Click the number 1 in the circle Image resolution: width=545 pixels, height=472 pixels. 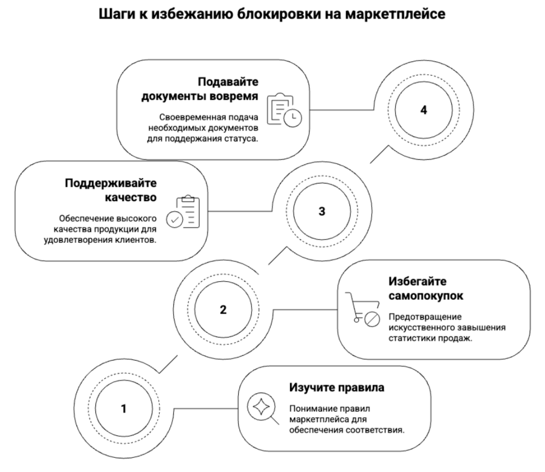point(123,409)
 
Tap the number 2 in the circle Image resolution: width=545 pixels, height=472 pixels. point(223,310)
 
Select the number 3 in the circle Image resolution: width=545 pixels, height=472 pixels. point(322,212)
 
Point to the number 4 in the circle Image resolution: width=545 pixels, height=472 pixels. point(424,110)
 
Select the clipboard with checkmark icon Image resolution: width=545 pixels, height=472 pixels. point(183,212)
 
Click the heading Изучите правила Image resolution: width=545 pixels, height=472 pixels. point(337,388)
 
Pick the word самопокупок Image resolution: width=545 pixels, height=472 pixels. point(426,296)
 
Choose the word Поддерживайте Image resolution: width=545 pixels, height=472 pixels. point(111,183)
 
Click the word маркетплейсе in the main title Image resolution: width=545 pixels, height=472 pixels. point(395,14)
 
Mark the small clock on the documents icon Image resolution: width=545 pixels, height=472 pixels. point(293,118)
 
